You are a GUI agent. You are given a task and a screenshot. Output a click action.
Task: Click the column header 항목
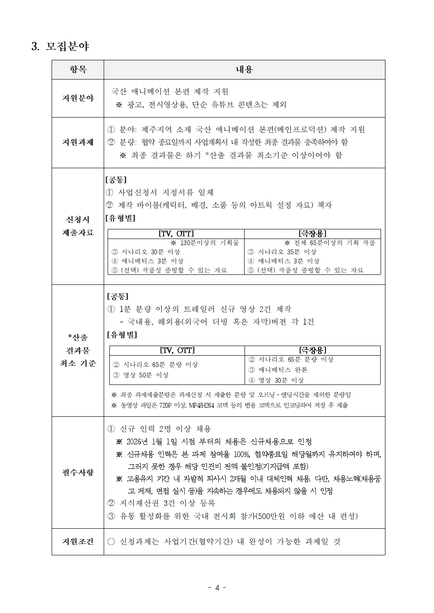pos(78,69)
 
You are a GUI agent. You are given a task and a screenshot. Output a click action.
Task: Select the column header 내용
pos(244,69)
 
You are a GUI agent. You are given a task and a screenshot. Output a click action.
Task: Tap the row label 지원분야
pos(78,98)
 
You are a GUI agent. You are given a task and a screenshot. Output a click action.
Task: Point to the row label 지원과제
pos(78,142)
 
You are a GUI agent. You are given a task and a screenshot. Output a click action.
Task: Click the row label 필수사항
pos(78,472)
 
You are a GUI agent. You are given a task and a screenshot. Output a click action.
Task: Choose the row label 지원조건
pos(78,541)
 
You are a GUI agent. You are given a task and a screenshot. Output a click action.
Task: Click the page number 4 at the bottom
pos(217,588)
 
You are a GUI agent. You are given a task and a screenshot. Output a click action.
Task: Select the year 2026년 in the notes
pos(137,442)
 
